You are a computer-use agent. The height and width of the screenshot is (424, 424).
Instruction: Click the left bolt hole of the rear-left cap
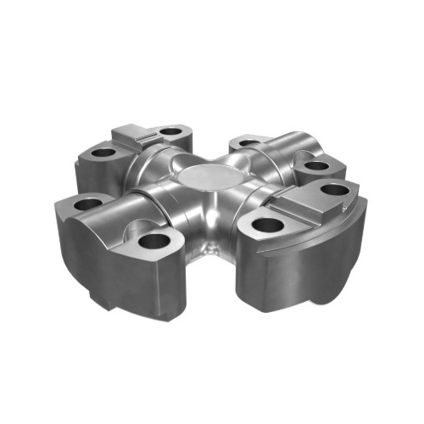pos(103,153)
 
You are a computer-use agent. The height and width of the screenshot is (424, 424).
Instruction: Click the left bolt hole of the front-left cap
pos(87,204)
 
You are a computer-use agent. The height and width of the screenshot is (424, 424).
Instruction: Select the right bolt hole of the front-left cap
pos(154,241)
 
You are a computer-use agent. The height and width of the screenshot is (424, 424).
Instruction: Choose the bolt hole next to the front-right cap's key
pos(337,189)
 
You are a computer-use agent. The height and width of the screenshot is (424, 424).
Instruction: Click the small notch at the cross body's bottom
pos(210,248)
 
